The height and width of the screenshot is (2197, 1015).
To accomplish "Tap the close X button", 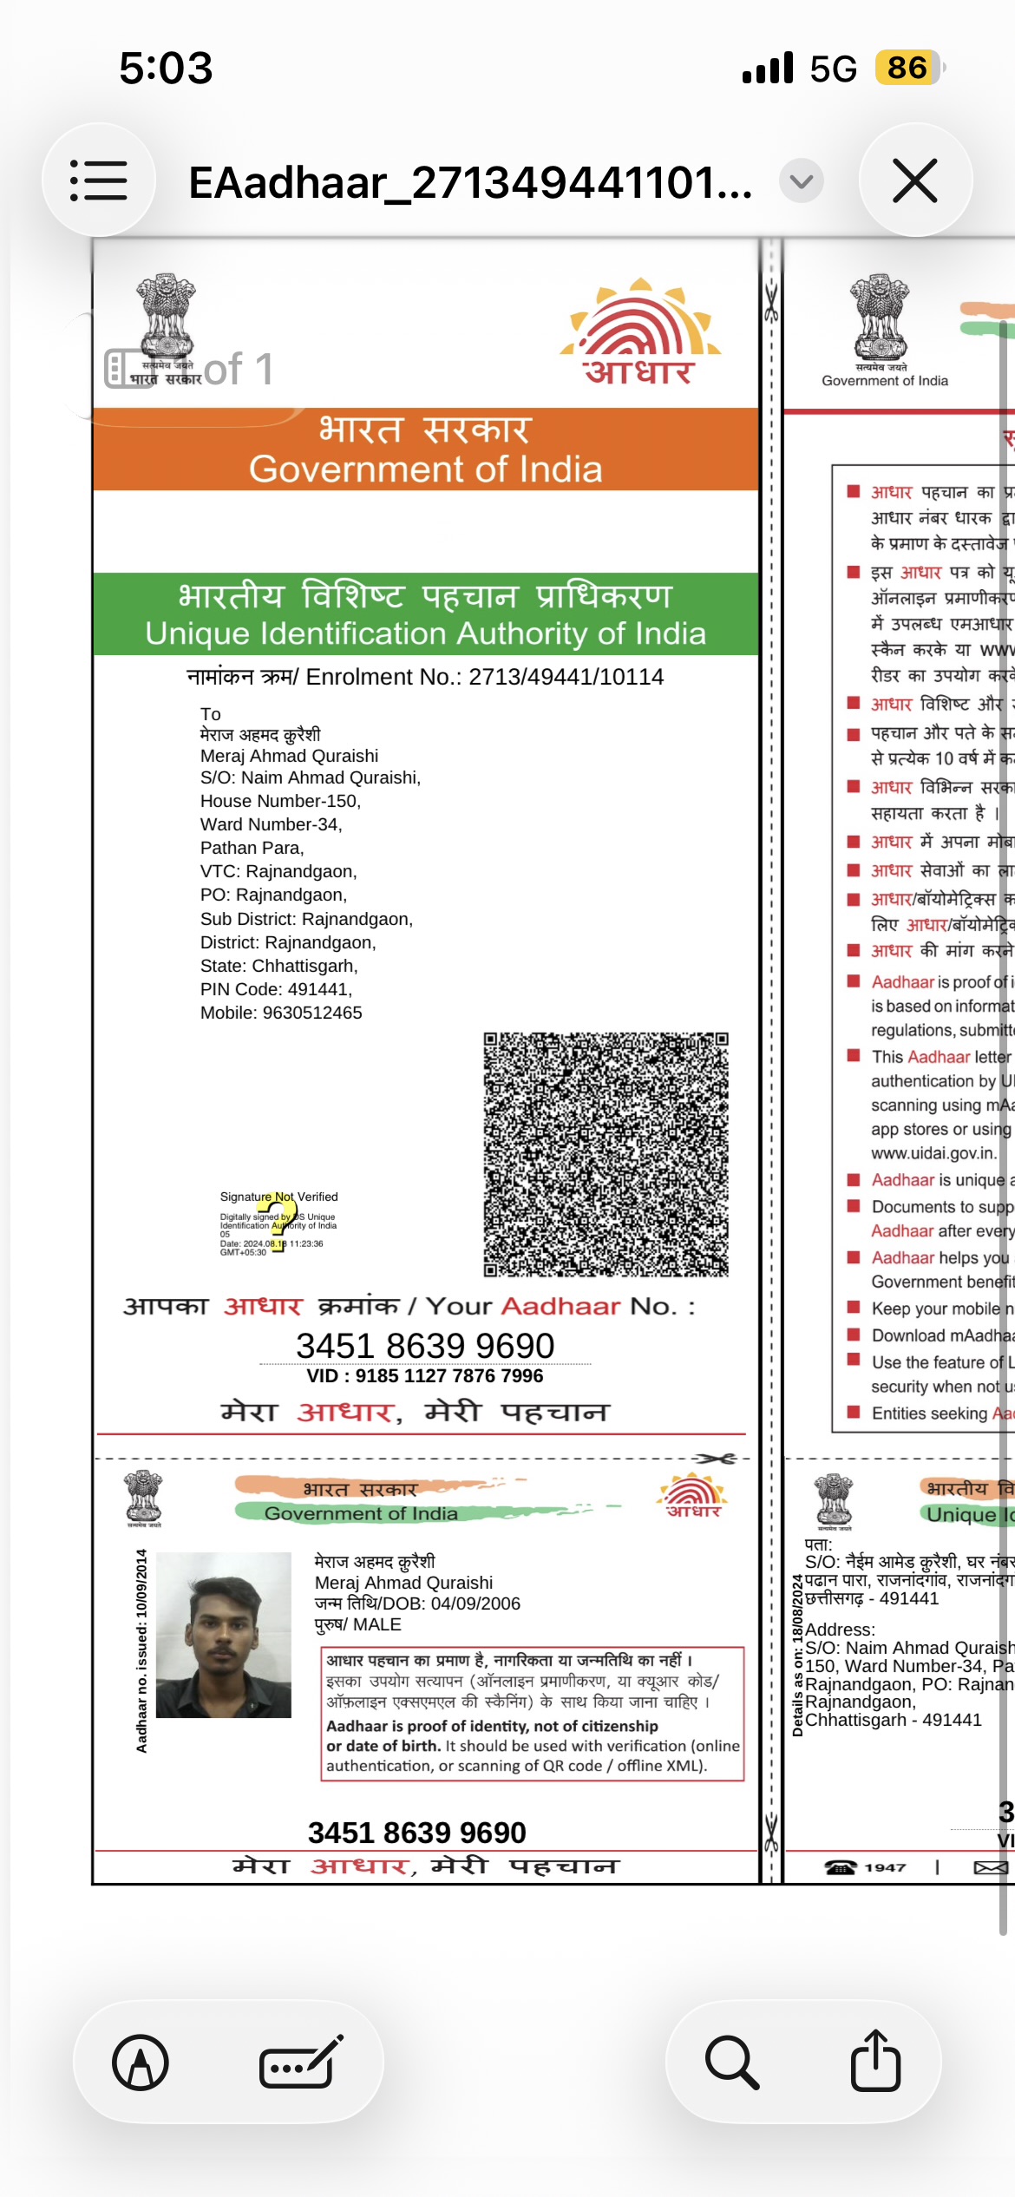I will (x=915, y=180).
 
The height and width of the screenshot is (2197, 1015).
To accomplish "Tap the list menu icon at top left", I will (x=99, y=180).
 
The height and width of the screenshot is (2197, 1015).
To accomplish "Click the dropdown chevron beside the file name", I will (x=801, y=181).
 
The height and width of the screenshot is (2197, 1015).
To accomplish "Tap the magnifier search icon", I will (x=732, y=2062).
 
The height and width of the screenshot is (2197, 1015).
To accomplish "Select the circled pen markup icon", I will (x=141, y=2062).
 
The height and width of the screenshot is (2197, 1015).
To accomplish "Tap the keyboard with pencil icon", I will (x=300, y=2062).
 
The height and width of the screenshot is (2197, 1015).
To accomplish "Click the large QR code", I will (x=606, y=1154).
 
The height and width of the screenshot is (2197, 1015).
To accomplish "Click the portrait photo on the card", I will (x=224, y=1623).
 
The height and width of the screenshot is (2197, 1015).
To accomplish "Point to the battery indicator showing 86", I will (x=907, y=68).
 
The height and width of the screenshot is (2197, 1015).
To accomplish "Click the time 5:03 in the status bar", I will (x=166, y=68).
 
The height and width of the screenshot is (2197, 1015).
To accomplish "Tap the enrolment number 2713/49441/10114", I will (x=566, y=677).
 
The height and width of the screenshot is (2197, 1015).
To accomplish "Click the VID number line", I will (x=425, y=1375).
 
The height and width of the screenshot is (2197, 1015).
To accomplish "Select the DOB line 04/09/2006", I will (x=417, y=1603).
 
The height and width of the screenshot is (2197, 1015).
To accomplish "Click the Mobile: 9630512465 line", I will (x=281, y=1013).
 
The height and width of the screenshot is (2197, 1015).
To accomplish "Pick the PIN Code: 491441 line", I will (x=276, y=989).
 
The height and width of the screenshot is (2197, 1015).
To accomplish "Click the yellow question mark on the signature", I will (x=282, y=1215).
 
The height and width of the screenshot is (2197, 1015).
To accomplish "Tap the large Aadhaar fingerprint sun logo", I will (x=640, y=331).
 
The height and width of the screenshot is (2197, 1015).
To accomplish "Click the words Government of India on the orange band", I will (x=425, y=469).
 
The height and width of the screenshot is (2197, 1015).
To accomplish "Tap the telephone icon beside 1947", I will (x=840, y=1867).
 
